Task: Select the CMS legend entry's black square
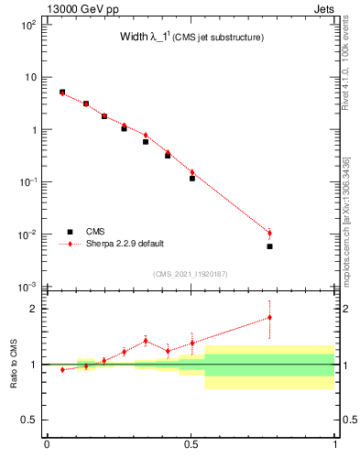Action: pyautogui.click(x=70, y=232)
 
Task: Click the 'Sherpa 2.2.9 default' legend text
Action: pyautogui.click(x=125, y=244)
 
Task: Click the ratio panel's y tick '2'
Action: pyautogui.click(x=37, y=309)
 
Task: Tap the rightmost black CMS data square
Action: pyautogui.click(x=269, y=246)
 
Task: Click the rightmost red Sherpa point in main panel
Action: pyautogui.click(x=269, y=233)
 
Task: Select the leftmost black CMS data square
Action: pyautogui.click(x=62, y=92)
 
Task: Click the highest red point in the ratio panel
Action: pyautogui.click(x=269, y=317)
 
